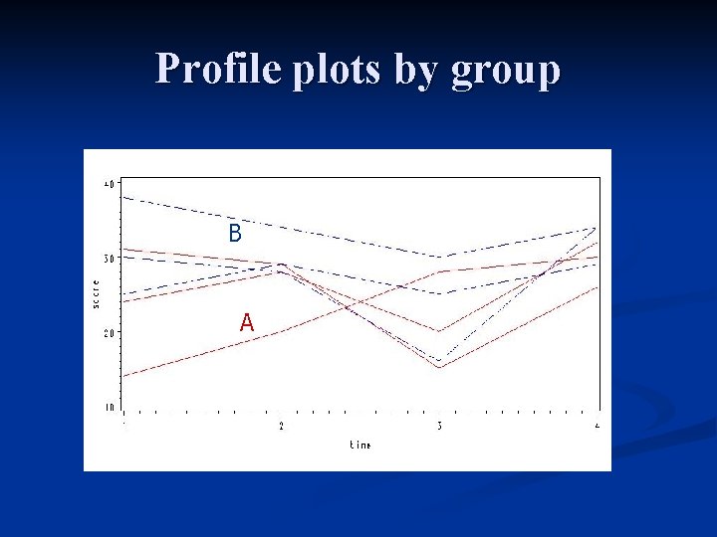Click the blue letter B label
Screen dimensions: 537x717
tap(235, 234)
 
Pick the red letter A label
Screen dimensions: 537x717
tap(246, 322)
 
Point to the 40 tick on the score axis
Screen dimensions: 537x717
tap(109, 183)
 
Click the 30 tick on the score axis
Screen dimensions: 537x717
tap(109, 258)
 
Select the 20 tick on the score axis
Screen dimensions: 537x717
tap(109, 333)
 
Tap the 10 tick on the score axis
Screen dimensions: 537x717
tap(109, 408)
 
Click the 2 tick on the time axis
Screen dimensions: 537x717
tap(281, 427)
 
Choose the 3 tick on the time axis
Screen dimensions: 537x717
tap(439, 427)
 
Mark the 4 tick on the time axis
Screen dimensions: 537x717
tap(597, 427)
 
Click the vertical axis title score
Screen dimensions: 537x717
tap(96, 294)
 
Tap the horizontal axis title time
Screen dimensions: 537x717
tap(360, 446)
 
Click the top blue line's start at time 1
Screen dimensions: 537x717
tap(123, 197)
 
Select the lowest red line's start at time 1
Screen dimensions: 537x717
tap(123, 376)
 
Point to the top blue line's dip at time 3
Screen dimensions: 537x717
tap(439, 258)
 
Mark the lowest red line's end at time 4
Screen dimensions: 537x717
tap(597, 287)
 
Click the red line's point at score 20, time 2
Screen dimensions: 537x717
tap(281, 332)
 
